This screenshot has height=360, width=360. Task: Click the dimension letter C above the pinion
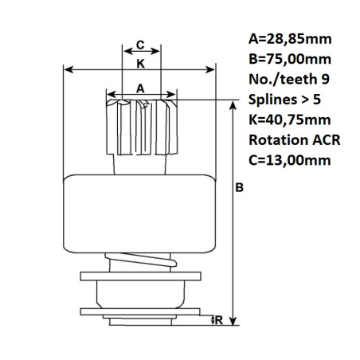click(x=140, y=45)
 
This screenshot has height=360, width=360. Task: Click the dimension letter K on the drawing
click(x=140, y=62)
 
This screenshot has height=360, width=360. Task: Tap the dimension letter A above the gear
click(x=140, y=90)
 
